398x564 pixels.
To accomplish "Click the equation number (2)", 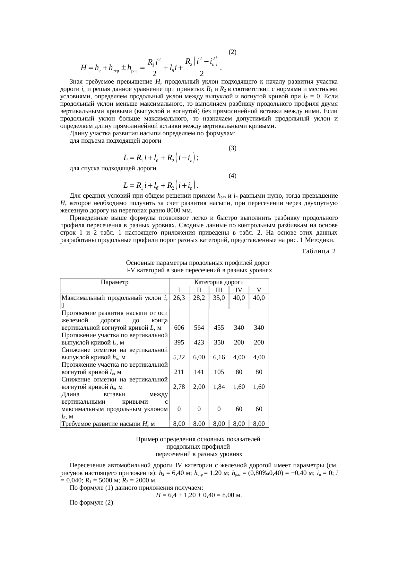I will (x=232, y=52).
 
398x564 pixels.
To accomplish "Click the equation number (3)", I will (x=232, y=148).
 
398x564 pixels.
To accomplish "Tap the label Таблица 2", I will (x=318, y=251).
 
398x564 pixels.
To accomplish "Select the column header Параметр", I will (x=114, y=282).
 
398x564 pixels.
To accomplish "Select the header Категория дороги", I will (x=219, y=282).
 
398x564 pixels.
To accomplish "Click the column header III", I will (x=219, y=290).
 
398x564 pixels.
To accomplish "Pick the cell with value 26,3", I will (x=179, y=298).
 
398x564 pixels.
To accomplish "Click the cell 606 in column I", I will (x=179, y=327).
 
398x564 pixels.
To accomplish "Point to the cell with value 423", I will (x=199, y=342).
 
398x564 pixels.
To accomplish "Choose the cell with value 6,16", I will (x=219, y=357).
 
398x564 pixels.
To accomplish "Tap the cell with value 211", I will (x=179, y=372).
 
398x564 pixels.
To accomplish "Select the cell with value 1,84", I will (x=219, y=387).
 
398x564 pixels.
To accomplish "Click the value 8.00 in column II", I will (x=199, y=424).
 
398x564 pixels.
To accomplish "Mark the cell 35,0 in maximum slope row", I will (x=219, y=298).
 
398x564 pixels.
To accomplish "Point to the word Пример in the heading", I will (x=146, y=439).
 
